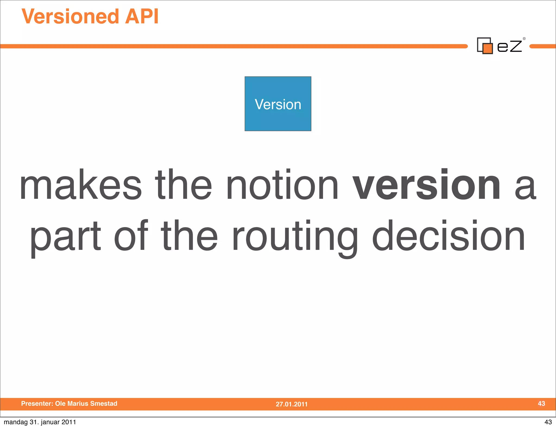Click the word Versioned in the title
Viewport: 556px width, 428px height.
[x=70, y=17]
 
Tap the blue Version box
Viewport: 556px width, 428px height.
[x=278, y=104]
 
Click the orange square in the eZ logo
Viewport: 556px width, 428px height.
[x=488, y=48]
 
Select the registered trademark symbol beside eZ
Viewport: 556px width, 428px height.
[x=524, y=39]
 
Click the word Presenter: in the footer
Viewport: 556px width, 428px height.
[x=37, y=404]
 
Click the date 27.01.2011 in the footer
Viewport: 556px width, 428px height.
[x=292, y=404]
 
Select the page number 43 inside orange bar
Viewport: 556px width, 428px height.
[x=541, y=404]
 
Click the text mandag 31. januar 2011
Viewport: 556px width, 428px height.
[x=40, y=422]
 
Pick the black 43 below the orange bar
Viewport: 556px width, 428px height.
[x=548, y=422]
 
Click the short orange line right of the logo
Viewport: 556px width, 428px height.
[x=543, y=46]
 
